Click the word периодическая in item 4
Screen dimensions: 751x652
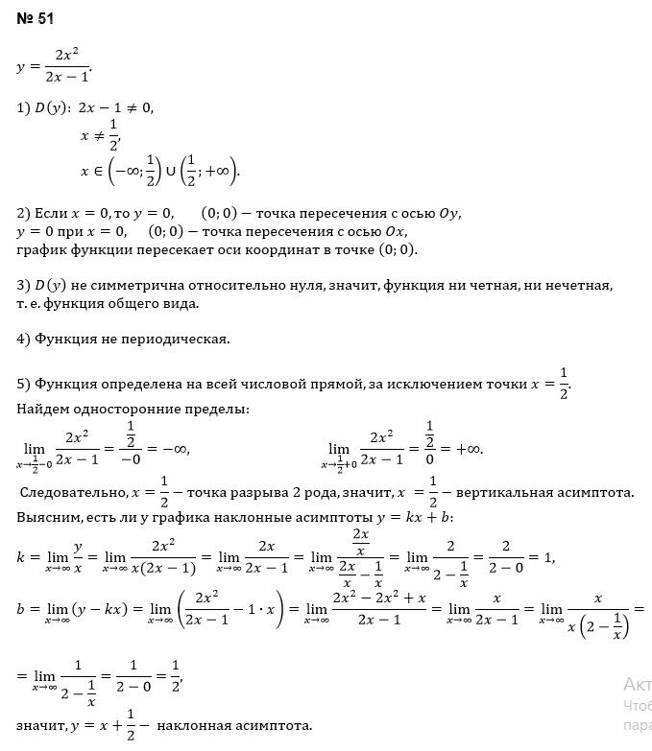[180, 339]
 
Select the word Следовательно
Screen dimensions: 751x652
[73, 493]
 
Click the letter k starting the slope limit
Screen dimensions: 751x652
[21, 557]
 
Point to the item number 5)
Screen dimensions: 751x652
[24, 385]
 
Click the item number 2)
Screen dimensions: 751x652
[24, 213]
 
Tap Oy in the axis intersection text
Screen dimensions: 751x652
[450, 213]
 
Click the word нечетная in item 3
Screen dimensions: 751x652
[573, 285]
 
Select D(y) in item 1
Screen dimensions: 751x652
[52, 108]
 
